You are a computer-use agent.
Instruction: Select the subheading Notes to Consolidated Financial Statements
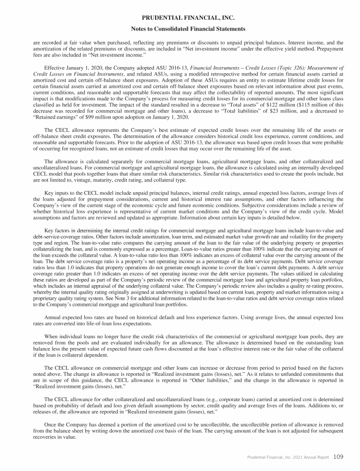pos(180,29)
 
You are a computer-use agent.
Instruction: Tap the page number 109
pos(339,455)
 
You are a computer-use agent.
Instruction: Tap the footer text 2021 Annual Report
pos(309,456)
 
